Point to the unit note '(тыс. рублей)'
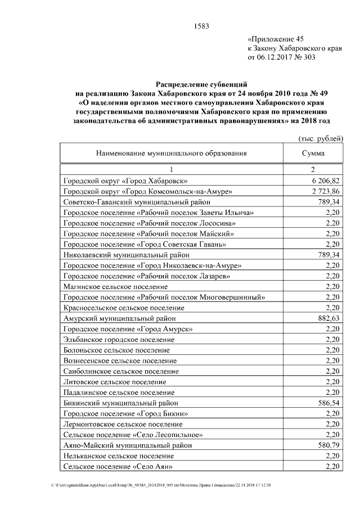319,138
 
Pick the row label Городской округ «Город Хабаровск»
125,181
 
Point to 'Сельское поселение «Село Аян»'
118,466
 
